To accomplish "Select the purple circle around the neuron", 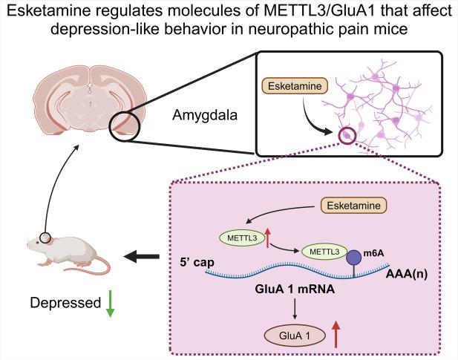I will [x=345, y=134].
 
